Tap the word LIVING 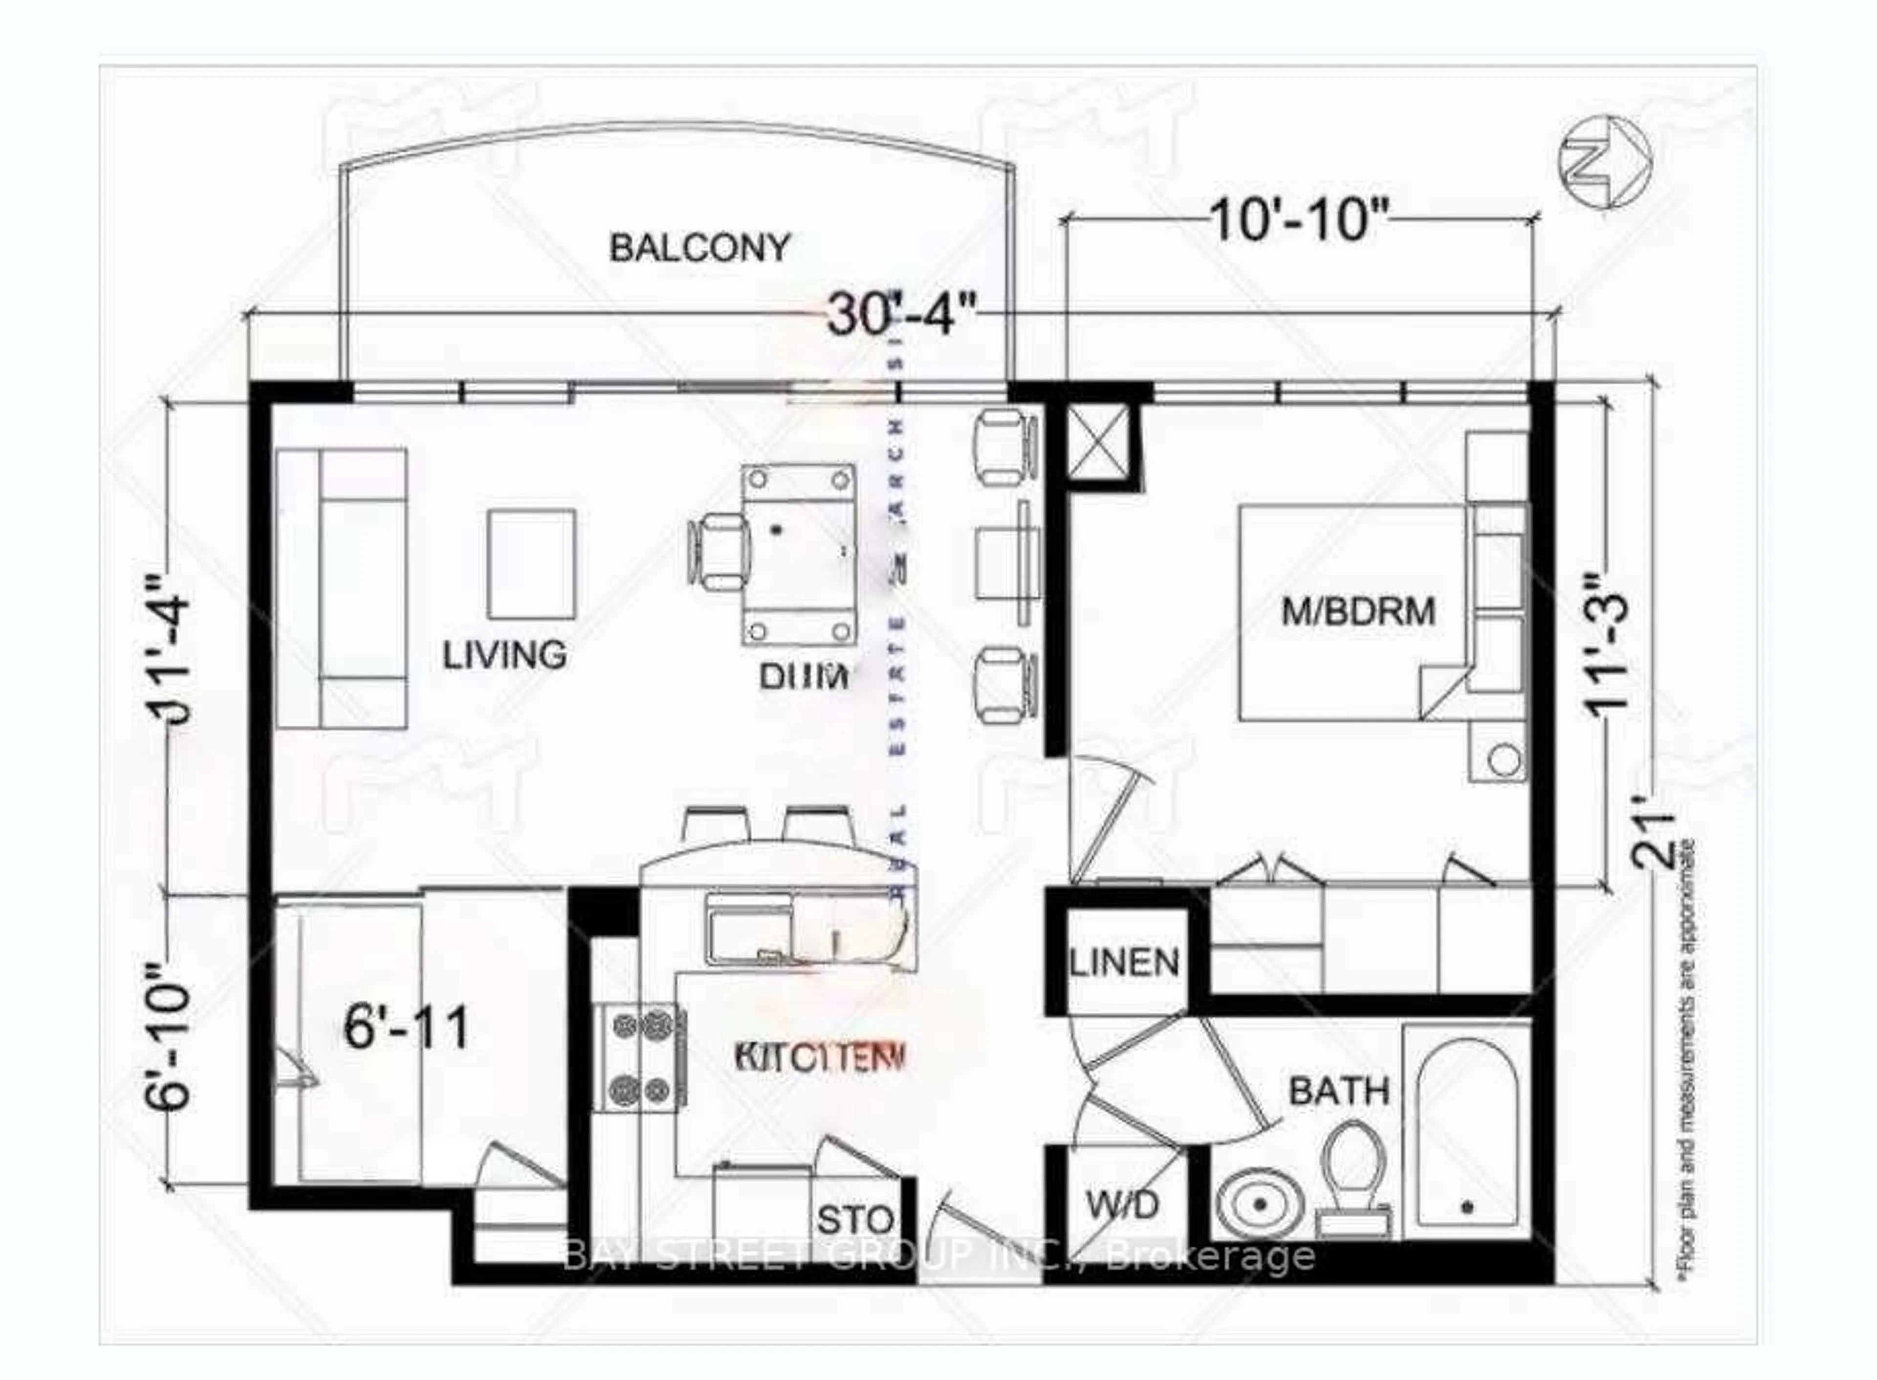pyautogui.click(x=504, y=655)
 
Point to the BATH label pyautogui.click(x=1338, y=1091)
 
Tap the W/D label pyautogui.click(x=1124, y=1205)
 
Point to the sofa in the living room pyautogui.click(x=342, y=587)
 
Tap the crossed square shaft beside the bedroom pyautogui.click(x=1099, y=444)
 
